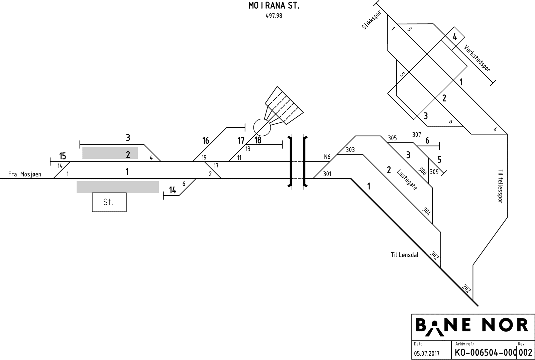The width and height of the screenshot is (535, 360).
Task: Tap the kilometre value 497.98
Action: coord(274,16)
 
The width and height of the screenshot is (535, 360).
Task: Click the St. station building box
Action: coord(109,202)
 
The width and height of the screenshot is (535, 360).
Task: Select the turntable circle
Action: coord(262,127)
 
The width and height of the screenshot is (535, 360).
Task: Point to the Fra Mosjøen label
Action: coord(25,174)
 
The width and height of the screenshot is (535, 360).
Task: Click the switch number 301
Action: coord(327,174)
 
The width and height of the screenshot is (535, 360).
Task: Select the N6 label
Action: coord(327,156)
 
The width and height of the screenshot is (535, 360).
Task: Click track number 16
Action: coord(206,140)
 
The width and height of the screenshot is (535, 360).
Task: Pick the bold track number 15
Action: coord(63,156)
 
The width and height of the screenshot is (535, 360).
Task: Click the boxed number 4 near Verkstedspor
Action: coord(455,37)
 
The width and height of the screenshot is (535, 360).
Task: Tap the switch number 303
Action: coord(350,150)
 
